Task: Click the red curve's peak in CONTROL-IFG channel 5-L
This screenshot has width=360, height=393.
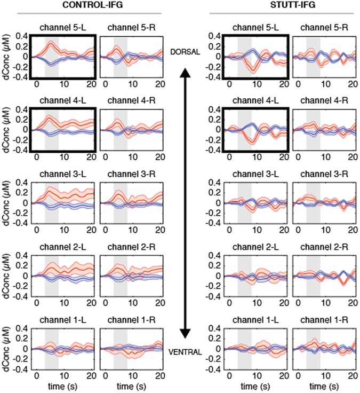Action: (x=51, y=42)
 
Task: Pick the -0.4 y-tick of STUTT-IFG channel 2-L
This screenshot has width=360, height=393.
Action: (x=212, y=295)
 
